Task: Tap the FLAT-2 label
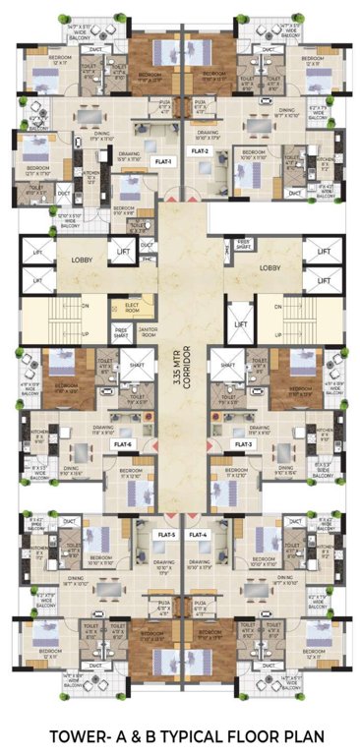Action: coord(200,152)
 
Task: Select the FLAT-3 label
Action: coord(244,444)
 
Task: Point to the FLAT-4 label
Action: coord(199,534)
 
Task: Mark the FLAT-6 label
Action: coord(124,444)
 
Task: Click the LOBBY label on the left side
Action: coord(82,260)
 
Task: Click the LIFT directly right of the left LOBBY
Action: coord(124,253)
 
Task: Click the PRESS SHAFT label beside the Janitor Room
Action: coord(121,331)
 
